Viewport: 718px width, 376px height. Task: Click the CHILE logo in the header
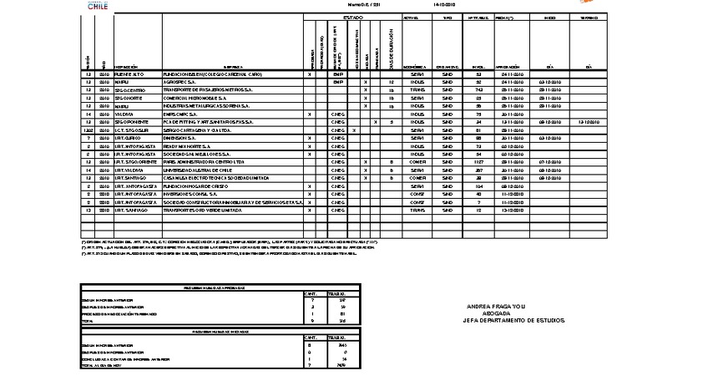[x=98, y=4]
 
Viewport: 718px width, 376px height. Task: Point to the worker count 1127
[x=478, y=161]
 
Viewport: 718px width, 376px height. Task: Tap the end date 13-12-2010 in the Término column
[x=589, y=122]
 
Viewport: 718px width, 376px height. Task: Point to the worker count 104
[x=478, y=185]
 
